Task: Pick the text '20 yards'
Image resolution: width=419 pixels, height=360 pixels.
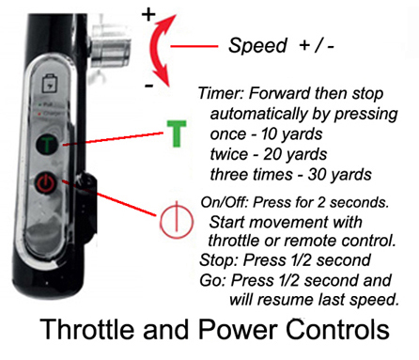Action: tap(279, 157)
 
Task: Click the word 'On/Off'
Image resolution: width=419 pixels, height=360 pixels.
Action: tap(225, 203)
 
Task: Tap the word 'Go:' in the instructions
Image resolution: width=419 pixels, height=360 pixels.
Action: tap(213, 280)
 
